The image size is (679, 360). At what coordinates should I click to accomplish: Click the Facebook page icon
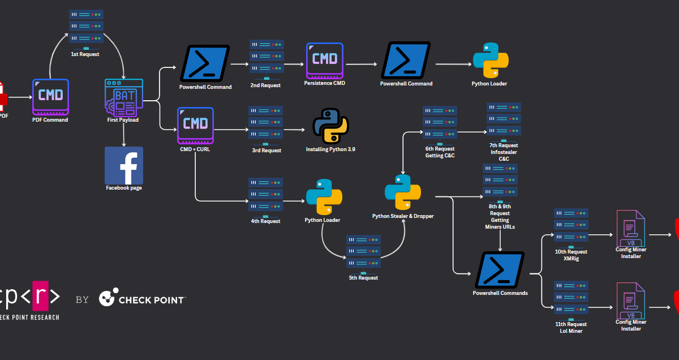[x=124, y=165]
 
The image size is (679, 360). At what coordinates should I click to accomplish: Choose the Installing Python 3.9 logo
[x=330, y=126]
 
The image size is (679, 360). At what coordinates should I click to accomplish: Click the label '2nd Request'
[x=266, y=85]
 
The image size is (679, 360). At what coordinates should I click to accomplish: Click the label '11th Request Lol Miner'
[x=571, y=327]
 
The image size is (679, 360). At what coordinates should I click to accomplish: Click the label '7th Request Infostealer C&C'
[x=504, y=152]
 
